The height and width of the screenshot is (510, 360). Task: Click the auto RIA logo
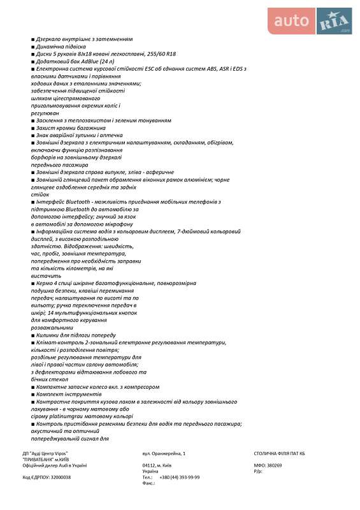(312, 21)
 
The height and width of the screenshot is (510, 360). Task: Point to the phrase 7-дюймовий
(176, 231)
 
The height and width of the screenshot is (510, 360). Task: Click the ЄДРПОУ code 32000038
(59, 477)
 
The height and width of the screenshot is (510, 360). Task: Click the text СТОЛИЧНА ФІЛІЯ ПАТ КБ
(279, 453)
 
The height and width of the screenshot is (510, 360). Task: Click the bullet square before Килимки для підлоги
(32, 335)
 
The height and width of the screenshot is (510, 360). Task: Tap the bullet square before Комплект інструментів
(32, 395)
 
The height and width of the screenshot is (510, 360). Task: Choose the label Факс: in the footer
(148, 483)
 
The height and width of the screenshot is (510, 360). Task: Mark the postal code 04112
(150, 465)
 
